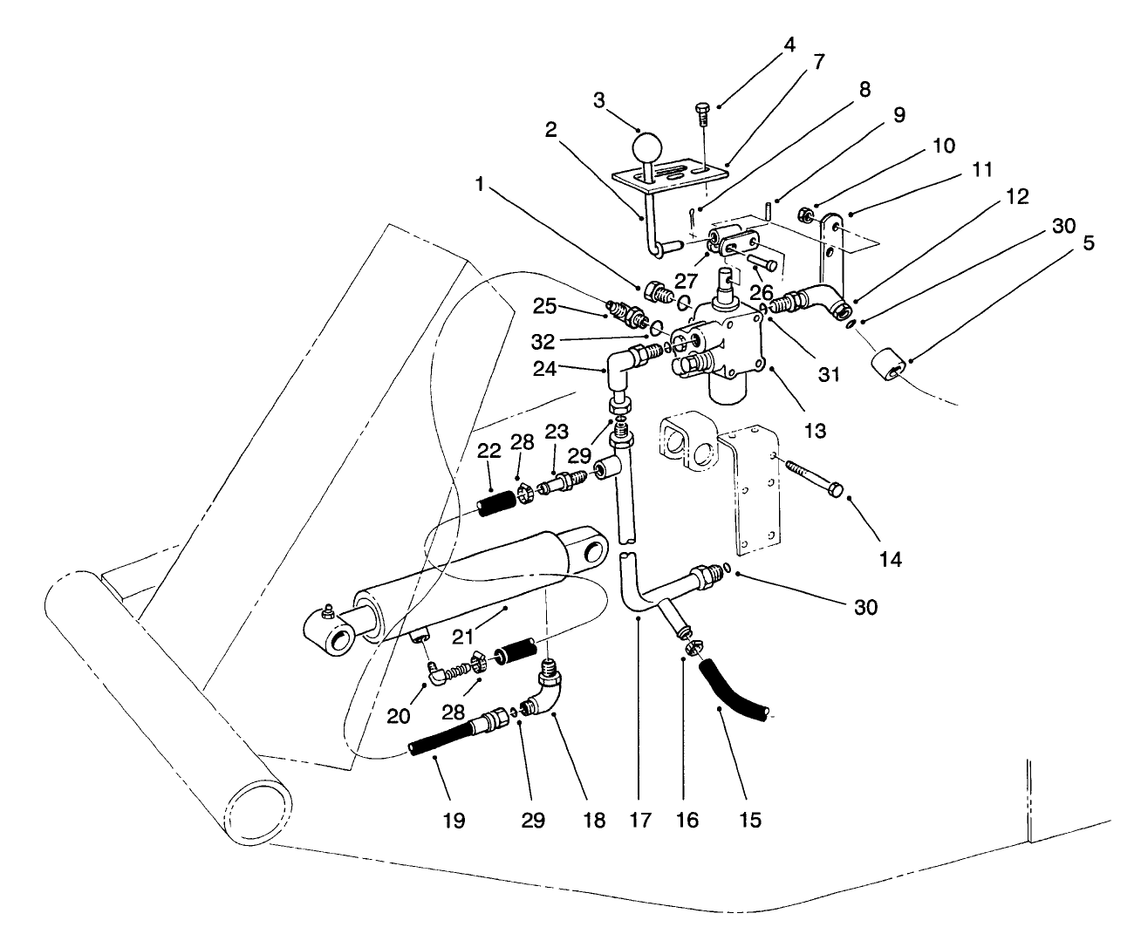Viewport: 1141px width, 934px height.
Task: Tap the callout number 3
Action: coord(598,100)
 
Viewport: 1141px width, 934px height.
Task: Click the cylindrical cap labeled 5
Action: coord(889,365)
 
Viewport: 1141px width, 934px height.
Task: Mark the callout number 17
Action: coord(642,820)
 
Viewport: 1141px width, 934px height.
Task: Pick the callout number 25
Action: coord(544,307)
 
